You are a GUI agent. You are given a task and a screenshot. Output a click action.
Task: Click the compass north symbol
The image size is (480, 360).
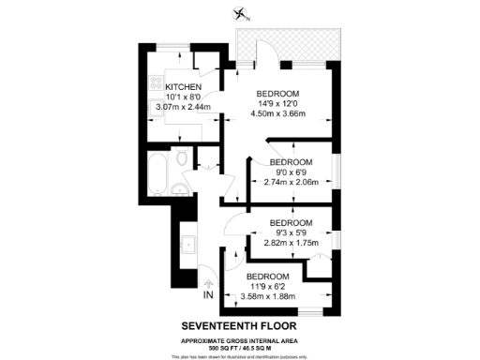click(x=242, y=14)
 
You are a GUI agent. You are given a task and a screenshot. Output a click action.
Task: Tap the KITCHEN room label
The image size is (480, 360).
click(x=170, y=86)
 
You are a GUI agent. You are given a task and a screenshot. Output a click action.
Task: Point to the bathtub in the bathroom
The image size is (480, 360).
click(x=157, y=173)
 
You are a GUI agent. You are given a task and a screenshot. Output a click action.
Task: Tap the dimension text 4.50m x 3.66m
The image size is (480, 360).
click(x=278, y=115)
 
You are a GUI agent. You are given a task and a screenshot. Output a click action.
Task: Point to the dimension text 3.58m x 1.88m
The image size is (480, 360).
click(x=266, y=296)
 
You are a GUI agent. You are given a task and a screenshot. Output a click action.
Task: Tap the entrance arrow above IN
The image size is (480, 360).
click(x=207, y=281)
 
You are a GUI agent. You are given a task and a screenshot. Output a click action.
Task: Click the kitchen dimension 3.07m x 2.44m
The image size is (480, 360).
click(x=172, y=108)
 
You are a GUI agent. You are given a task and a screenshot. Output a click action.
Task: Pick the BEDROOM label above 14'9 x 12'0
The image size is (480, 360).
click(x=278, y=93)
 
